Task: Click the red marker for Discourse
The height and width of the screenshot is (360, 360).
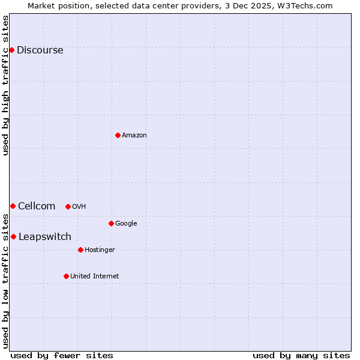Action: (x=11, y=50)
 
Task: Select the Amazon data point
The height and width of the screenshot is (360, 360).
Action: (x=118, y=135)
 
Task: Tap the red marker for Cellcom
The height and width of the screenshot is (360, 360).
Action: (x=13, y=206)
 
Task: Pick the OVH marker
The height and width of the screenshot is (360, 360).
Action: (x=68, y=206)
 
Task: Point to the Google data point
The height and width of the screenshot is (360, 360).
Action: (x=111, y=223)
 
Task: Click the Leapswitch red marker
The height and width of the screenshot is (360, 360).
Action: (x=13, y=236)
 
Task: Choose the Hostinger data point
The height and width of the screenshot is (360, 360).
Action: (x=80, y=250)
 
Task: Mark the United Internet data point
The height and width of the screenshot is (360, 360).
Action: (x=66, y=276)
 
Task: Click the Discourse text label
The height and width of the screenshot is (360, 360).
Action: (x=40, y=50)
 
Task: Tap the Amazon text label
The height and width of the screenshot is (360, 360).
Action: (x=134, y=136)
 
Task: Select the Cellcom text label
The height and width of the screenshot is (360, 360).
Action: (x=37, y=206)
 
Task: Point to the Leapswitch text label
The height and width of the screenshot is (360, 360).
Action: (x=45, y=237)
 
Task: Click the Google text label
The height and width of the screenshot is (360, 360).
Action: (x=126, y=224)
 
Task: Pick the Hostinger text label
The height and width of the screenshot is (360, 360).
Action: (x=100, y=250)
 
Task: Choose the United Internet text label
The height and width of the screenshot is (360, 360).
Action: (x=95, y=277)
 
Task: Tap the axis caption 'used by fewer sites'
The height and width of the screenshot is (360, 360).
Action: (x=62, y=355)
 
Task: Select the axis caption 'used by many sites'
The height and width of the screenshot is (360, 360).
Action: (x=301, y=355)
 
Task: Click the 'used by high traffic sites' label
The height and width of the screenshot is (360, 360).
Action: (x=6, y=85)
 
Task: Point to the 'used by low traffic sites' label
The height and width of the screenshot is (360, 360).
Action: (x=6, y=280)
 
